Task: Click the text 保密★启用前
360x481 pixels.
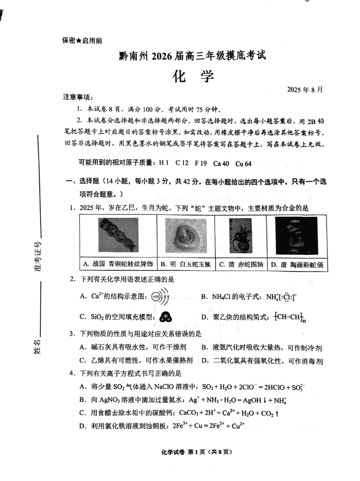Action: [x=82, y=41]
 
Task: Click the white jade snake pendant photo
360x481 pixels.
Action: [x=185, y=235]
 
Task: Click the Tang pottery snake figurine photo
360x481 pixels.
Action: [x=297, y=236]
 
